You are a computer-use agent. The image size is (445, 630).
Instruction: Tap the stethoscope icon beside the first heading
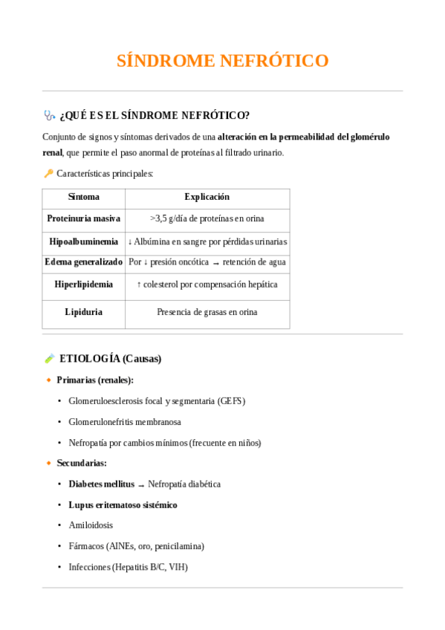click(49, 115)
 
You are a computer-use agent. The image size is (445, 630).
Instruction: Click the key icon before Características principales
click(48, 173)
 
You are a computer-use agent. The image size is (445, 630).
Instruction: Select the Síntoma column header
click(83, 197)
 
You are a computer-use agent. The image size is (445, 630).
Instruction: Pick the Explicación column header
click(207, 197)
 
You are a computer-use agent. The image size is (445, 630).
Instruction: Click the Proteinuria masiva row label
click(83, 218)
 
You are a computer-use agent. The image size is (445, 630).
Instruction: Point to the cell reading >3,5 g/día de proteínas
click(207, 218)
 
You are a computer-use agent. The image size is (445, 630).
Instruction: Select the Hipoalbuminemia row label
click(83, 242)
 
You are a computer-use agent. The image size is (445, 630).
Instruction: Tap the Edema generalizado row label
click(83, 262)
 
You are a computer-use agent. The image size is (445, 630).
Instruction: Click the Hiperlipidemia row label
click(83, 285)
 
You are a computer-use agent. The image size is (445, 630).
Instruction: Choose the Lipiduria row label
click(83, 312)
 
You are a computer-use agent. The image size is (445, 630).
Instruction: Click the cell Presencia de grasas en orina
click(207, 312)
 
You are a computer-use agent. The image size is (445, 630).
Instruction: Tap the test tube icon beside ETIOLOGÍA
click(49, 359)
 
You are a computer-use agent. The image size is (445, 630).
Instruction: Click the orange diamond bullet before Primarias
click(49, 380)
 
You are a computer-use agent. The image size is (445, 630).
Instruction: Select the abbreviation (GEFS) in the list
click(231, 401)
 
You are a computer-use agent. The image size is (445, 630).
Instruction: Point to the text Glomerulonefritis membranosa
click(124, 422)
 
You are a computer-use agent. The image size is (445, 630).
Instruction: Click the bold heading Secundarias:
click(82, 463)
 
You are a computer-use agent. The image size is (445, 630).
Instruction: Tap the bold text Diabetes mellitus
click(101, 484)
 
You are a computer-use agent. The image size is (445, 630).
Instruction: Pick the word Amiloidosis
click(91, 525)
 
